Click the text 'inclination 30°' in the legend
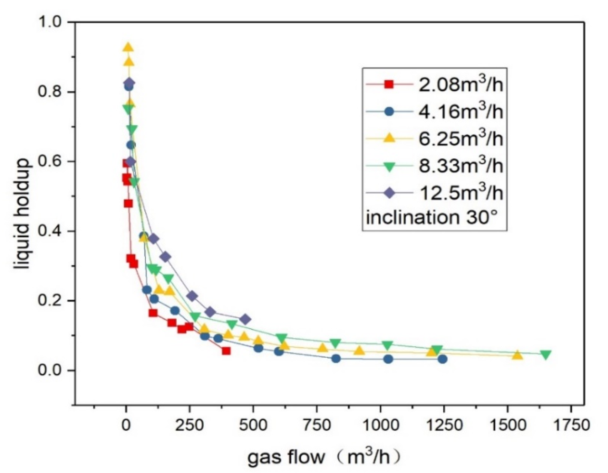click(434, 218)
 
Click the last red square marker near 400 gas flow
click(226, 351)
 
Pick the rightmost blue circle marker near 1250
click(442, 359)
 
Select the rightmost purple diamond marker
click(245, 319)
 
